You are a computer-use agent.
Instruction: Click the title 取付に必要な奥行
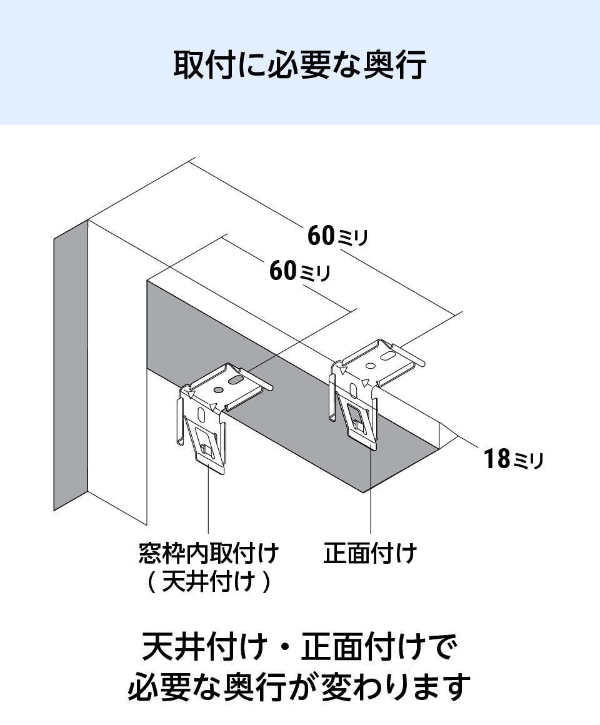pos(299,64)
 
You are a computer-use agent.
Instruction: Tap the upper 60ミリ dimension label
pos(337,236)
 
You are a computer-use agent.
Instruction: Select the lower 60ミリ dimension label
pos(299,272)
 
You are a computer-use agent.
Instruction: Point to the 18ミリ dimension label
pos(513,460)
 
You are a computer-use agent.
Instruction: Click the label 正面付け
pos(370,553)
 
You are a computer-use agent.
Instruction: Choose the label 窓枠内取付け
pos(208,553)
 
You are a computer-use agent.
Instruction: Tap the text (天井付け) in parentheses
pos(209,582)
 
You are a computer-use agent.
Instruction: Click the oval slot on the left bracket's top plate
pos(236,379)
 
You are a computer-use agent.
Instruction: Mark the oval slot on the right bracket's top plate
pos(387,357)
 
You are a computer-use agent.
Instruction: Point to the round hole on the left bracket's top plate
pos(217,390)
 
